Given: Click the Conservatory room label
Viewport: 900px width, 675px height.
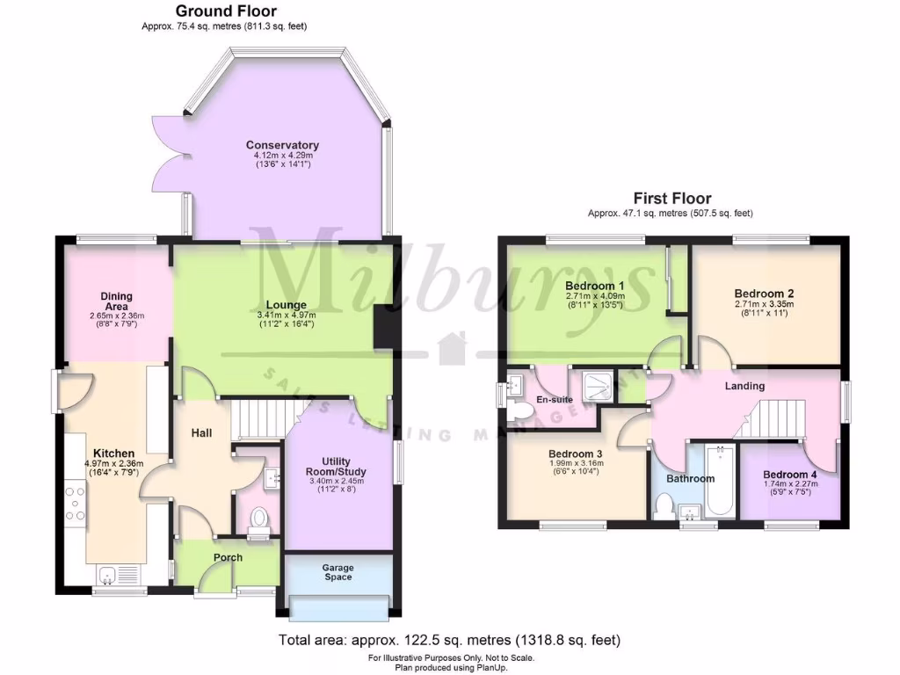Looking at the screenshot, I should point(282,145).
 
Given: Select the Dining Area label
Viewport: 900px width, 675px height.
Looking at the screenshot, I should point(116,301).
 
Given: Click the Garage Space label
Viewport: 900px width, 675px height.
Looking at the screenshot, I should point(338,572).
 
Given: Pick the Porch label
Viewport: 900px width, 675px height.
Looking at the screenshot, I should point(229,557).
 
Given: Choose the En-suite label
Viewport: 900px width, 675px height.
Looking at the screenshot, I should point(555,399).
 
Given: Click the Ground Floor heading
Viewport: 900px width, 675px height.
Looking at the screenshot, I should point(226,11).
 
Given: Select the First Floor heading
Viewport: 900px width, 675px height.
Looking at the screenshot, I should point(672,199).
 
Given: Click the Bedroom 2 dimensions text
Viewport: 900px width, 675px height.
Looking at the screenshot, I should point(763,308).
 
